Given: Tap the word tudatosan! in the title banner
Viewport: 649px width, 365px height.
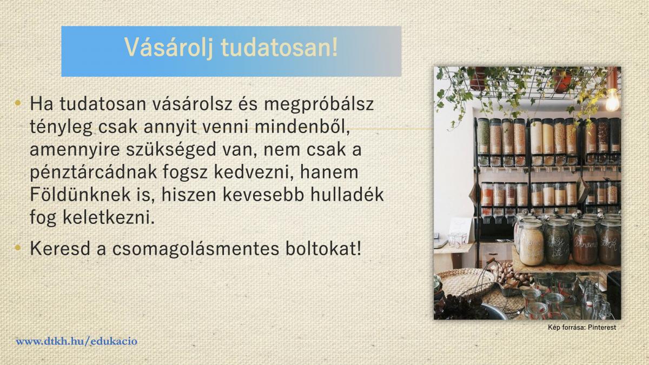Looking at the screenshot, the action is (279, 47).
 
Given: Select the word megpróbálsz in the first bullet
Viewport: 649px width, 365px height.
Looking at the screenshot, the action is (319, 104).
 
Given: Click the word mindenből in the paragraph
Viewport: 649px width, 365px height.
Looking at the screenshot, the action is (302, 127).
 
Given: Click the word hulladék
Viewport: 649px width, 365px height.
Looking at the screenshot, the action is (347, 195).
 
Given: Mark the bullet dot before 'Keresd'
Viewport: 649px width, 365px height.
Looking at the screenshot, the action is (18, 248).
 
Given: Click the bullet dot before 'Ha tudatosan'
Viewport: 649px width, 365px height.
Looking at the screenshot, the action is (18, 103).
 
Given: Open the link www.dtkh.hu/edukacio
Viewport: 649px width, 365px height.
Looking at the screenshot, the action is (76, 341).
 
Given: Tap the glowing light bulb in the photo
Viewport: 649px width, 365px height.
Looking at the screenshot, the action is (612, 99).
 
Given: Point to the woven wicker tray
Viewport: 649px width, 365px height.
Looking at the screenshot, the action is (465, 282).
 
